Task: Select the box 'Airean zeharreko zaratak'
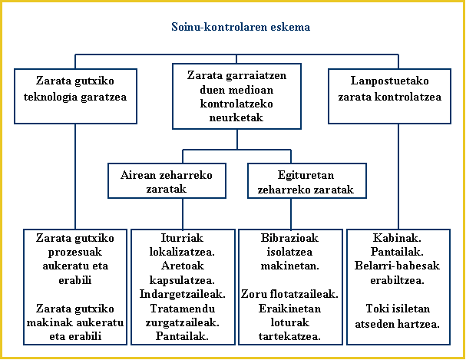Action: [x=167, y=181]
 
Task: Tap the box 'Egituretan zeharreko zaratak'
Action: [x=306, y=181]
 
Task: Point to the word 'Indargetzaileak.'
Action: [x=178, y=294]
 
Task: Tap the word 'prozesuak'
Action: [x=75, y=252]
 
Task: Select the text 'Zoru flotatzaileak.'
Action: [x=290, y=294]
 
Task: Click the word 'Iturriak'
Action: [x=178, y=238]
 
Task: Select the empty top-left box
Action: [x=75, y=96]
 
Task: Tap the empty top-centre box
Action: [x=236, y=96]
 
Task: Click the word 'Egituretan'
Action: [x=306, y=175]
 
